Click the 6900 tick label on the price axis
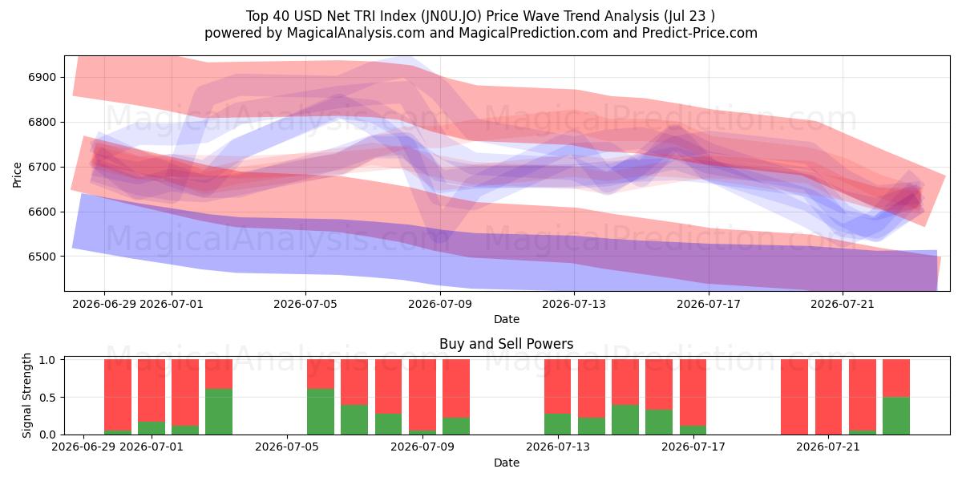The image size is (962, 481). (x=42, y=77)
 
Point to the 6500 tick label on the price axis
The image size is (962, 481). (x=42, y=257)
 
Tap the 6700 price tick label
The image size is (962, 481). (x=42, y=167)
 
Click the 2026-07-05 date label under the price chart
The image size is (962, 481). (x=305, y=304)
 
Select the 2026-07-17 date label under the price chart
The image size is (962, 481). (x=709, y=304)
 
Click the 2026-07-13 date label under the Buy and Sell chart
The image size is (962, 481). (x=558, y=447)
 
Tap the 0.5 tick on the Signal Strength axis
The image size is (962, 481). (x=47, y=398)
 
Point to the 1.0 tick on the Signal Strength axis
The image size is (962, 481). (x=47, y=360)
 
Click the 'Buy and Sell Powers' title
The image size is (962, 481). (x=507, y=344)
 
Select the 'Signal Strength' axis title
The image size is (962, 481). (x=26, y=395)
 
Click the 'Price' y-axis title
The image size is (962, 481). (x=17, y=175)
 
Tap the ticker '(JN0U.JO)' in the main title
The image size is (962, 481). (x=451, y=16)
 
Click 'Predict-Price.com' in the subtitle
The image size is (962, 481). (x=700, y=33)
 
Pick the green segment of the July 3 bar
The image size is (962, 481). (x=219, y=411)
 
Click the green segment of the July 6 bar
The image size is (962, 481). (x=321, y=411)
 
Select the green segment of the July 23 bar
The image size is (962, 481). (x=896, y=416)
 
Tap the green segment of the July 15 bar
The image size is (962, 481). (x=624, y=419)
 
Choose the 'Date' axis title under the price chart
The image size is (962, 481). (x=507, y=319)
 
